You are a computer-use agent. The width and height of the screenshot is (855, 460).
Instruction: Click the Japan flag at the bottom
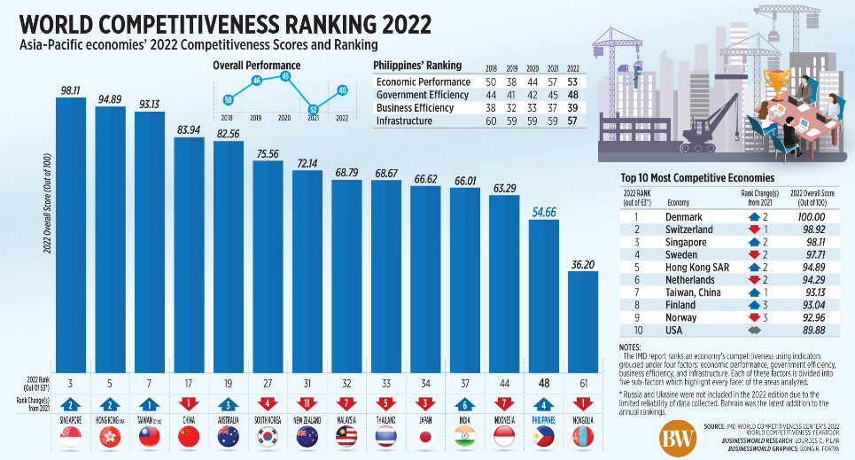pos(425,437)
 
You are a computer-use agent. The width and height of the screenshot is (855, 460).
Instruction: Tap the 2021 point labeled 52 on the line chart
pos(312,110)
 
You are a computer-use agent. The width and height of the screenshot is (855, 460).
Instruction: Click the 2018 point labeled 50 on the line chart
pos(228,99)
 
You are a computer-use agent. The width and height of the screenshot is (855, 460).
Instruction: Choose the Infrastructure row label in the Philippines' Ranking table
pos(404,121)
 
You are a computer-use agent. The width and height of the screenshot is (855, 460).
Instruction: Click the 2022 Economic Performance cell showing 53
pos(571,82)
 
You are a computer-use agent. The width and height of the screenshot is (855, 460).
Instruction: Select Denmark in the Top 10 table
pos(684,216)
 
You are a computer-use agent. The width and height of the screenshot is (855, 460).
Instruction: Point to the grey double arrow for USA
pos(756,331)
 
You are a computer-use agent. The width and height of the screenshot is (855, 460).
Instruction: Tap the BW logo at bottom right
pos(677,437)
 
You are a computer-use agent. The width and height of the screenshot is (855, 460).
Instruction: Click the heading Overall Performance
pos(256,65)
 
